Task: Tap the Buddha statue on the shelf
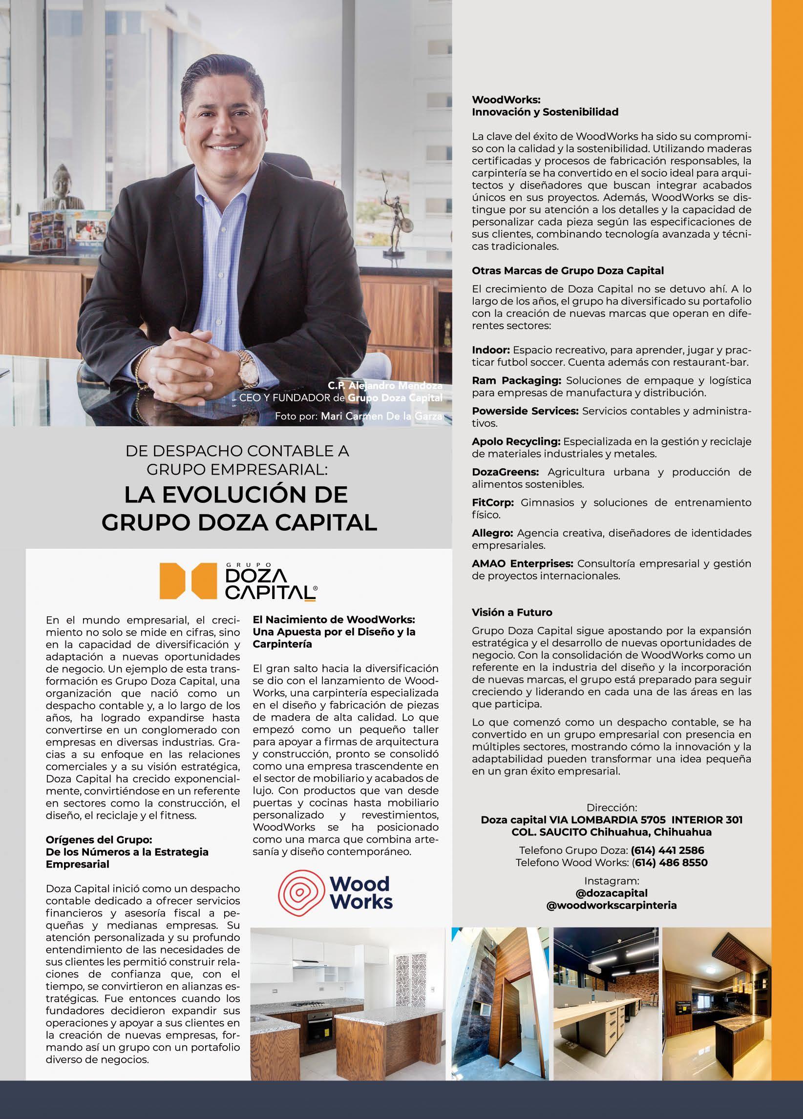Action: click(61, 188)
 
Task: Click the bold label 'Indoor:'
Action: click(490, 351)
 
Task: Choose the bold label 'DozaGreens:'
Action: click(505, 472)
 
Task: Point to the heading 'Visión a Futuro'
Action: click(512, 613)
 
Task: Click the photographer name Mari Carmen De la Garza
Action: click(381, 417)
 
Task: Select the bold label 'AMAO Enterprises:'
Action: click(522, 563)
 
